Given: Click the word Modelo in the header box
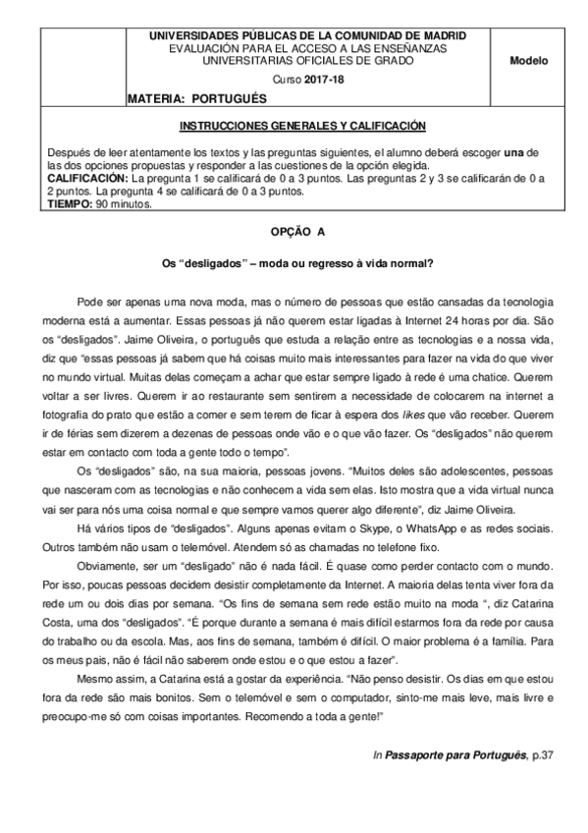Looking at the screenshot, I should tap(529, 61).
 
